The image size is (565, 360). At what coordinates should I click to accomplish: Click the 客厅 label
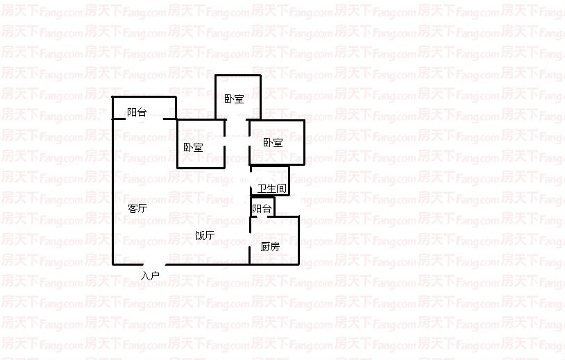[137, 208]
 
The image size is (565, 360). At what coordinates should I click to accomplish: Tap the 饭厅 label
[205, 235]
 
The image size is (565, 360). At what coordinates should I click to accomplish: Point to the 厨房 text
[270, 247]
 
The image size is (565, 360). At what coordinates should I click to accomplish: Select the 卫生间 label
[272, 188]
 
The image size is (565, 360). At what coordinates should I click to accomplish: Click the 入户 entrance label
[150, 276]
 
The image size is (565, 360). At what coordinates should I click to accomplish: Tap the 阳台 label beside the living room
[137, 112]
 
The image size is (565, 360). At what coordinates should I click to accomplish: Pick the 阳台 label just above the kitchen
[262, 209]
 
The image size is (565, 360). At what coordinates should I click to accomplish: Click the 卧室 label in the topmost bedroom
[234, 98]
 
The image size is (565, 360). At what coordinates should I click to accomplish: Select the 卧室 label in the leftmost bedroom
[193, 147]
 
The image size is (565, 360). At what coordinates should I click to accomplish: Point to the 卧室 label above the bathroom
[273, 143]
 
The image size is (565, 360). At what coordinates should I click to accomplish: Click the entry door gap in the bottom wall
[154, 264]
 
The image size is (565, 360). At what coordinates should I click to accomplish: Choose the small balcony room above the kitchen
[262, 207]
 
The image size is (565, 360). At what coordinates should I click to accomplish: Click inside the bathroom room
[269, 181]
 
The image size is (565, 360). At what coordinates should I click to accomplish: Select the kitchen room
[274, 241]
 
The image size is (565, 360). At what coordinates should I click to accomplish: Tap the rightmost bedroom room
[277, 143]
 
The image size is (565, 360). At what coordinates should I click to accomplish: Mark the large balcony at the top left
[144, 108]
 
